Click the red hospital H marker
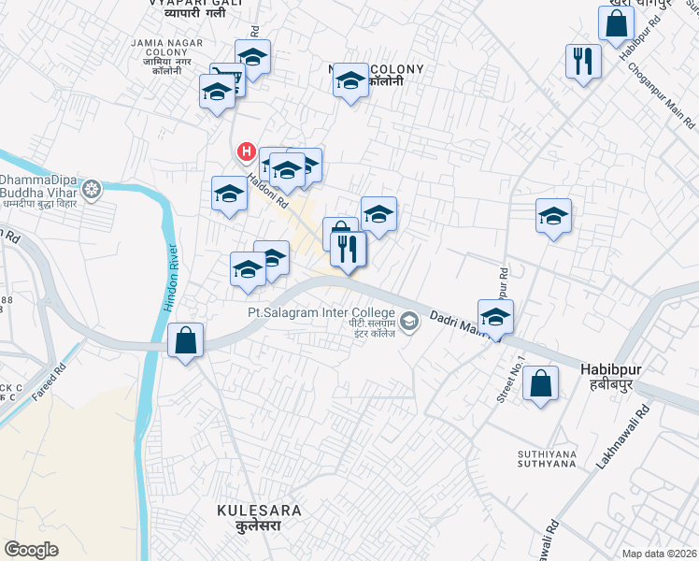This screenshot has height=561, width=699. tap(246, 151)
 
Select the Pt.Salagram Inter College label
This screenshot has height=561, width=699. tap(321, 312)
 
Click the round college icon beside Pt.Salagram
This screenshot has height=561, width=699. tap(409, 323)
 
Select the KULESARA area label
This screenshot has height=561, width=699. tap(259, 511)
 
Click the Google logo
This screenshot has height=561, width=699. tap(32, 550)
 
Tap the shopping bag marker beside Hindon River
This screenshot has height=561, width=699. tap(186, 340)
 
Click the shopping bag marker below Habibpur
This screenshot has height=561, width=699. tap(540, 382)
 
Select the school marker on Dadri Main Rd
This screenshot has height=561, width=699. tap(495, 316)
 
